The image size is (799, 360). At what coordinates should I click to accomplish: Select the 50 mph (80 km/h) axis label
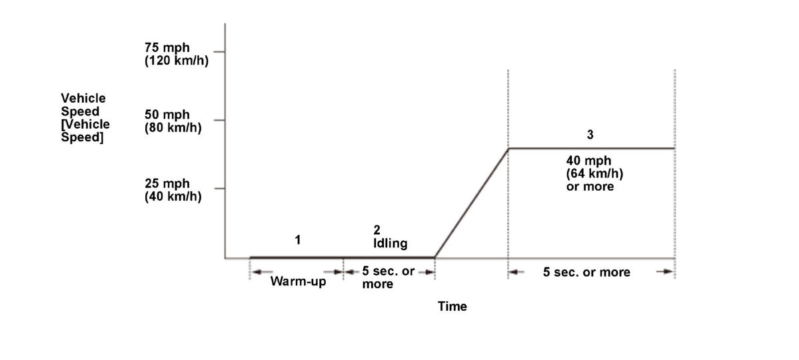(172, 121)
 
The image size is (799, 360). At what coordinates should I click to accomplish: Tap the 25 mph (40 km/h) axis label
(172, 189)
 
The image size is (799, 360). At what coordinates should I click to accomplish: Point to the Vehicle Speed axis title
(85, 117)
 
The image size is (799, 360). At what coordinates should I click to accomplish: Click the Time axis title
(452, 307)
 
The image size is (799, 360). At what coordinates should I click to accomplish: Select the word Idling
(390, 243)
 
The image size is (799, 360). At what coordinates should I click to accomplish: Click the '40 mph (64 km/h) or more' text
(590, 173)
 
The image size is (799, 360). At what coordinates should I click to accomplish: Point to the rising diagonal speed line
(471, 203)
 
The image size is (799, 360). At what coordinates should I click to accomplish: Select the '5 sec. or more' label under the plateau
(586, 272)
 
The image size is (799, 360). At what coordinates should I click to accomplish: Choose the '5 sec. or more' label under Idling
(388, 278)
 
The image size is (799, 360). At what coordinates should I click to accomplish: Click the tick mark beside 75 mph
(219, 51)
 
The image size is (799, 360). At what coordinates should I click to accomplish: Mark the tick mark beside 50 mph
(219, 121)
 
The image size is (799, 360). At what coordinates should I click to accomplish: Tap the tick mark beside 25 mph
(219, 189)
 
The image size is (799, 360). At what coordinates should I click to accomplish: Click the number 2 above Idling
(377, 230)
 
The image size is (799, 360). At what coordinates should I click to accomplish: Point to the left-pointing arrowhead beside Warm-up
(257, 271)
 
